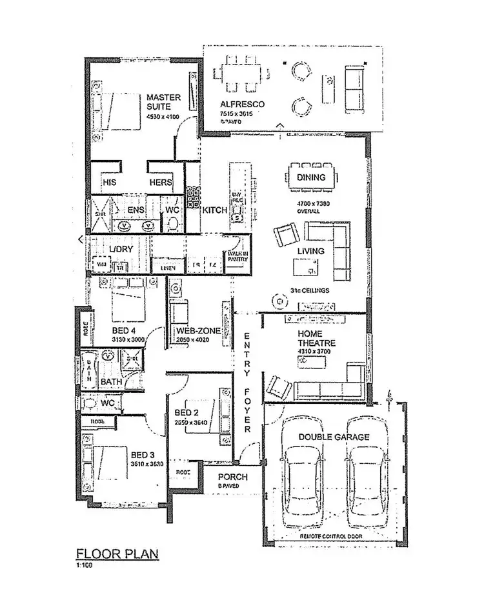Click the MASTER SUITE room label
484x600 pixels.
(x=163, y=102)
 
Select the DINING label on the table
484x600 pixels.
(x=311, y=177)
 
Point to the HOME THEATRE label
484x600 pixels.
(x=314, y=339)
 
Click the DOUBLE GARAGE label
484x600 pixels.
(x=334, y=437)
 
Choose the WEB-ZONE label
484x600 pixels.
(x=199, y=331)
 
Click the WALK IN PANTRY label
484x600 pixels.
(x=237, y=257)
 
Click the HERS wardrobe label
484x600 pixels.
(x=161, y=183)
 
